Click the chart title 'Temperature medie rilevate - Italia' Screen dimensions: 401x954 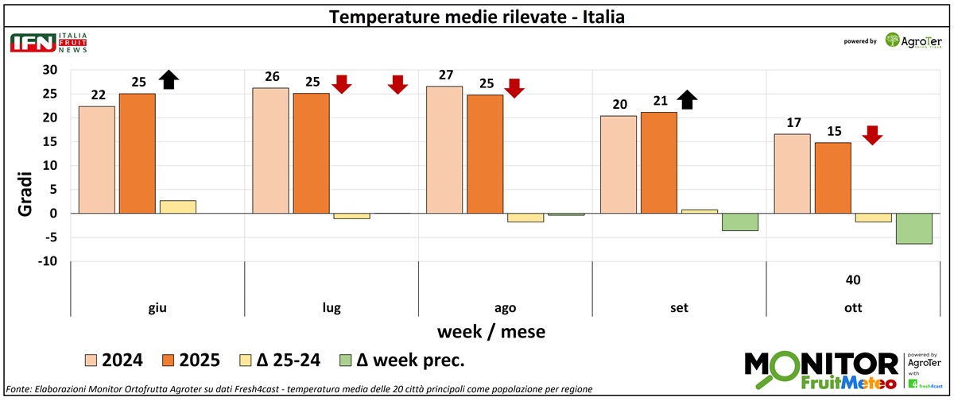click(477, 16)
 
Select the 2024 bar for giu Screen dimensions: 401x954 click(96, 160)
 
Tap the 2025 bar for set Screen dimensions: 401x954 click(659, 163)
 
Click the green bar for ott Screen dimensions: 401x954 click(913, 229)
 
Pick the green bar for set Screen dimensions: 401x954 click(739, 222)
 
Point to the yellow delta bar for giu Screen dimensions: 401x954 click(178, 207)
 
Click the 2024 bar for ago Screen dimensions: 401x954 click(445, 150)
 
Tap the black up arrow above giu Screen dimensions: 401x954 click(168, 79)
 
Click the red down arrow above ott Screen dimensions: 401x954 click(872, 135)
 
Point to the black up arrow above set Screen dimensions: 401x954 click(687, 100)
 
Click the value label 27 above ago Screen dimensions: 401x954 click(445, 75)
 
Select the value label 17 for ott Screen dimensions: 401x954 click(792, 124)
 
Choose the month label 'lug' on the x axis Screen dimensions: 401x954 click(332, 308)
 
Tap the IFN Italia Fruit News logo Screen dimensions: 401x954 click(48, 43)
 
